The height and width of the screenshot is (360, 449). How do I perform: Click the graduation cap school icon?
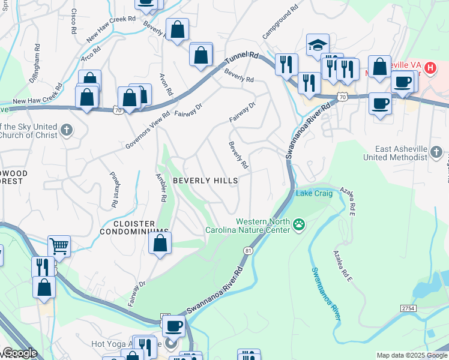[x=318, y=45]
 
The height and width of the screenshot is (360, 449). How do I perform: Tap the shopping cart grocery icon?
[x=59, y=245]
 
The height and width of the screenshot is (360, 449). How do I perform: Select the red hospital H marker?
[x=430, y=68]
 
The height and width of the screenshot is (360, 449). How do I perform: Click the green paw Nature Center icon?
[x=299, y=226]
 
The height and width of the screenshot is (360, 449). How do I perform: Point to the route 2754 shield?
[x=409, y=307]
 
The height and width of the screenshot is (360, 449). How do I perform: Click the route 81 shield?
[x=247, y=250]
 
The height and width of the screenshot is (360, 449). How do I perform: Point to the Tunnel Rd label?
[x=243, y=58]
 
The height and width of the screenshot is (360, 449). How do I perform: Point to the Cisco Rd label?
[x=74, y=20]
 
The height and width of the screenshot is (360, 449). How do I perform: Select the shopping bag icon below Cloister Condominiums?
[x=160, y=244]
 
